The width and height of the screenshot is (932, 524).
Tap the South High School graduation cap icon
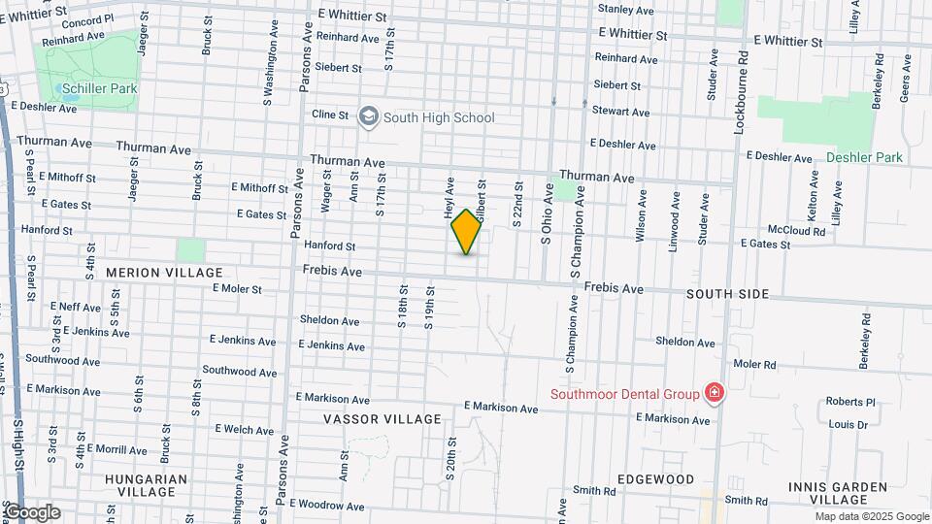[368, 117]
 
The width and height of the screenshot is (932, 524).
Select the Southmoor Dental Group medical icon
[715, 393]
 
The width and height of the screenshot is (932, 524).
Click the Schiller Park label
[97, 88]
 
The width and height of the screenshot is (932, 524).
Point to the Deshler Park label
[864, 157]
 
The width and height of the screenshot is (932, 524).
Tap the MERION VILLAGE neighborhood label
[164, 273]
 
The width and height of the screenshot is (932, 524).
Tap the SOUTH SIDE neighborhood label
[727, 294]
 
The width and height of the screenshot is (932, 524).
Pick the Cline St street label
[330, 115]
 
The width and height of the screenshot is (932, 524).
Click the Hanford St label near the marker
[330, 246]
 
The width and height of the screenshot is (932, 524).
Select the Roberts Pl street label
[850, 402]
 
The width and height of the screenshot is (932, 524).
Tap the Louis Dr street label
[849, 424]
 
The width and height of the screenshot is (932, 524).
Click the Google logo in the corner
[31, 512]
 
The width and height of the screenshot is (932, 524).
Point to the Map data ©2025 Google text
[871, 516]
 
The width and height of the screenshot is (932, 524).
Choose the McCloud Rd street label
[796, 231]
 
